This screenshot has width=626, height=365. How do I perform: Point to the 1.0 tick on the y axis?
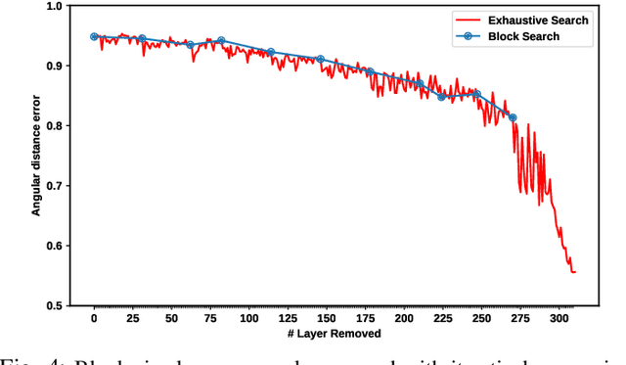(x=55, y=6)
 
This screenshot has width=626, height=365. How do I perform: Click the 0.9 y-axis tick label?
(x=55, y=66)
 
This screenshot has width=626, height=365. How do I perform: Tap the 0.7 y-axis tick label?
(x=55, y=186)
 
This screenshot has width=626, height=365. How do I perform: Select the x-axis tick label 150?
(x=327, y=319)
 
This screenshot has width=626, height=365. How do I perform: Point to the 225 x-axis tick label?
(x=443, y=319)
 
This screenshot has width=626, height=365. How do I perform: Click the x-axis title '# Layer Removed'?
(x=327, y=336)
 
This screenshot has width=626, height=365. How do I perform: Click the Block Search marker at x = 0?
(x=94, y=36)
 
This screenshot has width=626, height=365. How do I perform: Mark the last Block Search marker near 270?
(x=513, y=117)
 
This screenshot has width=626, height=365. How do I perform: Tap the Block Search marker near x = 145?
(x=320, y=59)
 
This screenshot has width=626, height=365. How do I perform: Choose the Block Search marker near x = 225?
(x=441, y=97)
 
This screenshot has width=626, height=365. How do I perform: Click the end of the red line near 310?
(x=574, y=272)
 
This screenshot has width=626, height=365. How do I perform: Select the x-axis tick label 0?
(x=94, y=319)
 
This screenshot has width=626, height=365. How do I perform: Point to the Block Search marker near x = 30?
(x=141, y=39)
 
